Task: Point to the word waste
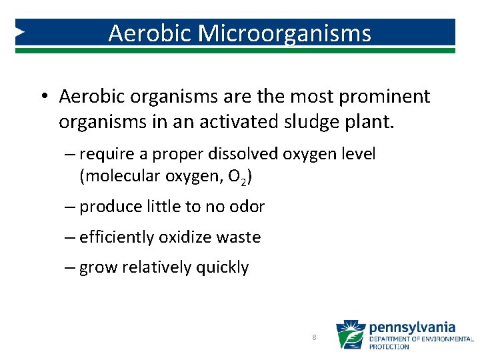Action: (241, 237)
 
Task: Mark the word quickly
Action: (222, 268)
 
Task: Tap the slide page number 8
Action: (314, 338)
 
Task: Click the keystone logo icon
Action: (350, 335)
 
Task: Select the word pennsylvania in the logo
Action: (412, 327)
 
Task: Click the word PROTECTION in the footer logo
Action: (389, 347)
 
